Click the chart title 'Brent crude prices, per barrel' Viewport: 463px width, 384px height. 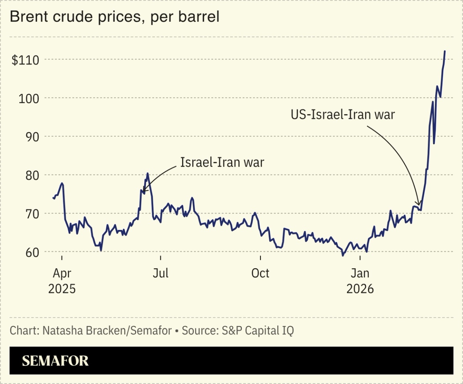point(115,17)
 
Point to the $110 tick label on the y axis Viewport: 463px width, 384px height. point(25,60)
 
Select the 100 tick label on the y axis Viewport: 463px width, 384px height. point(29,98)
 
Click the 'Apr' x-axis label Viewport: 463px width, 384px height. point(62,273)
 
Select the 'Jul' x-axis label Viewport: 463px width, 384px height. point(161,273)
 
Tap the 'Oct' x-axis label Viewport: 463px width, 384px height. point(260,273)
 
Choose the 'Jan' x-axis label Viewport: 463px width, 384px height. point(360,273)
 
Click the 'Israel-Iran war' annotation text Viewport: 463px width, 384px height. point(222,162)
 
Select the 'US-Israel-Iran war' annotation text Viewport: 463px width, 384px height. point(343,115)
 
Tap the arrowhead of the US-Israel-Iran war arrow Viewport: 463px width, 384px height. point(419,204)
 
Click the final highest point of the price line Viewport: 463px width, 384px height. point(445,51)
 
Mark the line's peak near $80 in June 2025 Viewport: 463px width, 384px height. point(148,173)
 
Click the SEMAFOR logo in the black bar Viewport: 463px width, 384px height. point(55,361)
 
